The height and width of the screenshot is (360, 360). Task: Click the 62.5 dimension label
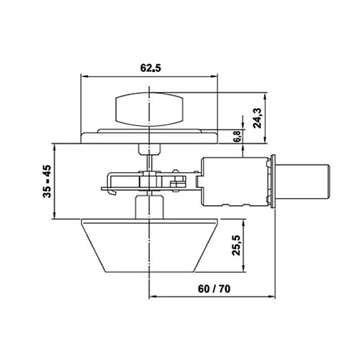click(150, 68)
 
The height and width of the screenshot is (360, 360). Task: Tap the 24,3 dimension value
click(257, 118)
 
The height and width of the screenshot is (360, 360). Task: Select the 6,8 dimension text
click(238, 137)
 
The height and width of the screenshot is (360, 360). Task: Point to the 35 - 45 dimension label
click(47, 181)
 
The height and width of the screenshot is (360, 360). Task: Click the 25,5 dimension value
click(236, 245)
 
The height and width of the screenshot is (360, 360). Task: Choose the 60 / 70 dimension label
click(214, 289)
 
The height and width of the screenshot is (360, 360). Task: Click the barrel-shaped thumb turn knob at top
click(149, 109)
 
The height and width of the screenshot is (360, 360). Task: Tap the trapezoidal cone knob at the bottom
click(150, 246)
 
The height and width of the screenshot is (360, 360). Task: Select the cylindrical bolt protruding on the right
click(302, 181)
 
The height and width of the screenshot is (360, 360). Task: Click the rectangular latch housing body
click(235, 181)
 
